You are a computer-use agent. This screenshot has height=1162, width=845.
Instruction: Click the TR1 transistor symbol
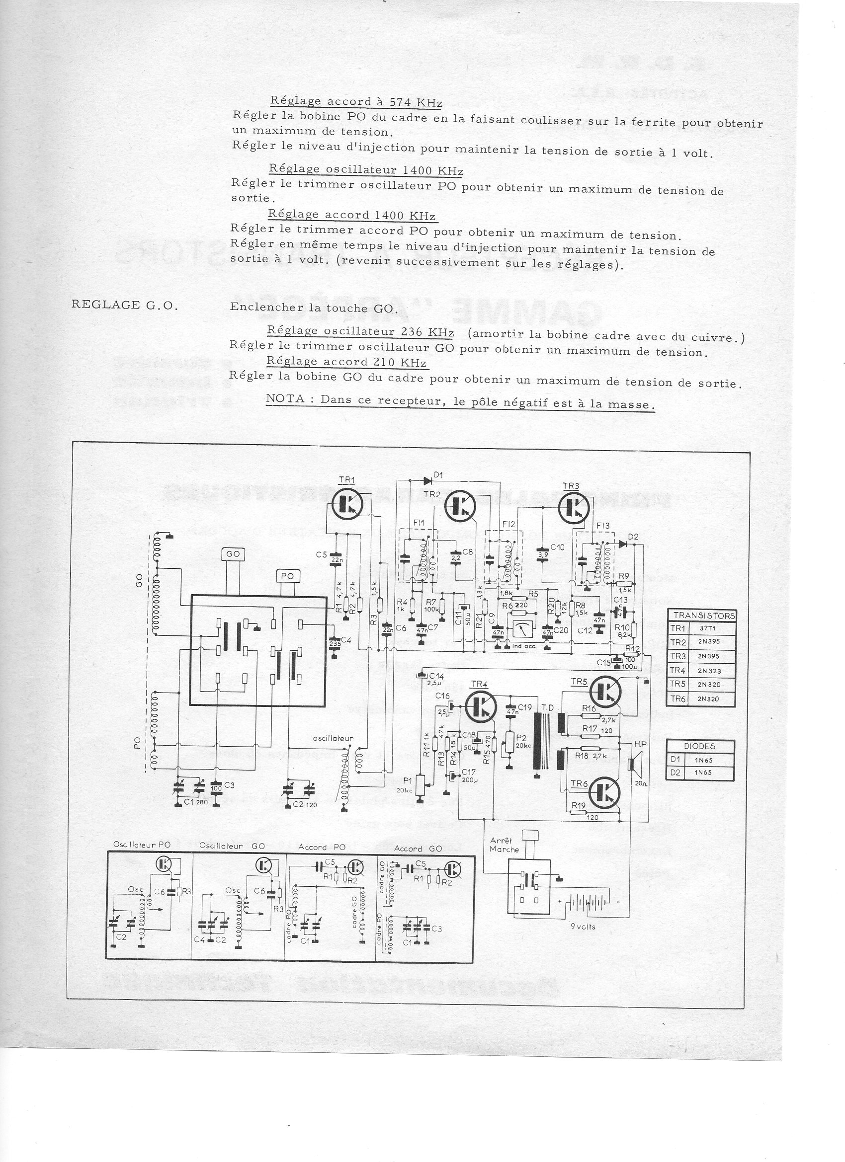point(347,505)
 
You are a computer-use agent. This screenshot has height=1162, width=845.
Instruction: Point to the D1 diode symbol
point(427,481)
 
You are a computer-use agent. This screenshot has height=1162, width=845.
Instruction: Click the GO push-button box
point(233,554)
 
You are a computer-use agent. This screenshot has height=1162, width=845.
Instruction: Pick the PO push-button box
point(288,576)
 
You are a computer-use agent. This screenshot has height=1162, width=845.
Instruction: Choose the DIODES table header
point(700,747)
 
